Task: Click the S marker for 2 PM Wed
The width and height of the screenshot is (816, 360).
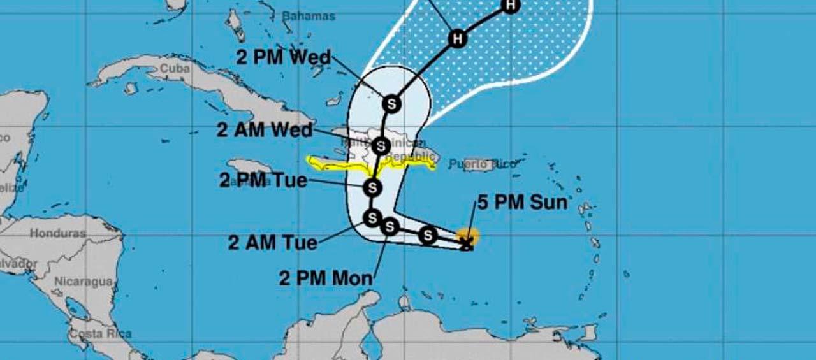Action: point(391,103)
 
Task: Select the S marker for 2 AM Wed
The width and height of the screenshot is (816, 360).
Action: point(381,146)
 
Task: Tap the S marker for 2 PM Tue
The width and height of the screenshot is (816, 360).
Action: point(372,187)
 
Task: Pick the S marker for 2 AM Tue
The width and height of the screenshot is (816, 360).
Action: point(371,218)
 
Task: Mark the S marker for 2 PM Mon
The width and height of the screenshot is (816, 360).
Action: point(390,226)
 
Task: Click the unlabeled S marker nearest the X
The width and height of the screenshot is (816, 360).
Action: point(428,235)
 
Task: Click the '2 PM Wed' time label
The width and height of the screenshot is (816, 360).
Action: point(284,57)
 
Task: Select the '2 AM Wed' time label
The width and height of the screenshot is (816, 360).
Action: point(265,131)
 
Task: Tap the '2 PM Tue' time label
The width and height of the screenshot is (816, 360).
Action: point(263,181)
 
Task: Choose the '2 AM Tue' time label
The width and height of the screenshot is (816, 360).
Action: point(273,243)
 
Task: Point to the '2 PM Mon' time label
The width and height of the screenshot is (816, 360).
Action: point(326,278)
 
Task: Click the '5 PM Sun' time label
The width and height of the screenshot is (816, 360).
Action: point(521,203)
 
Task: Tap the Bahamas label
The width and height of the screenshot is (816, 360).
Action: point(309,16)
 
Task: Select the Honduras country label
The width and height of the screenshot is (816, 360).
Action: point(57,233)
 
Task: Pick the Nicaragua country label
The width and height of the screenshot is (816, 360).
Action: point(83,281)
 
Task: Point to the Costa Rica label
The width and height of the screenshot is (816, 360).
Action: point(100,333)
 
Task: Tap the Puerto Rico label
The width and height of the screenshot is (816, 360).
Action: point(481,164)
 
